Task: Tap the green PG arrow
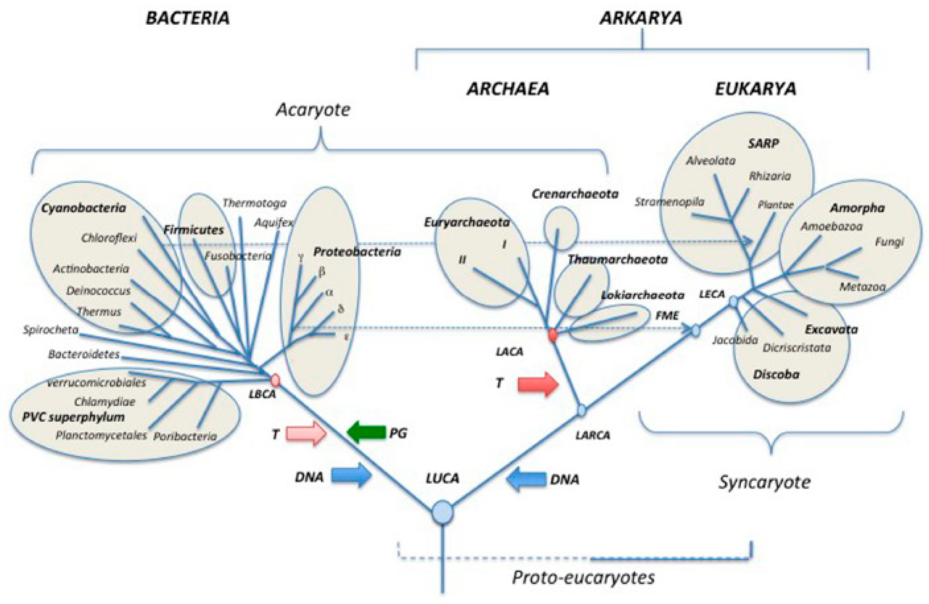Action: pos(367,432)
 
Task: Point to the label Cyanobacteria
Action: pos(84,208)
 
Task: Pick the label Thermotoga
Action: pos(255,203)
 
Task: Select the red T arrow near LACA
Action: pos(537,384)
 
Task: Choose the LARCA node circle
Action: pos(582,410)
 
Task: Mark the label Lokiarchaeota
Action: pos(642,296)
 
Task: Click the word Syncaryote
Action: pos(764,482)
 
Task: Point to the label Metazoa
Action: pos(862,287)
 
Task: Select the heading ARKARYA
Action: pos(641,18)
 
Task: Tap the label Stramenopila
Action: pos(669,202)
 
